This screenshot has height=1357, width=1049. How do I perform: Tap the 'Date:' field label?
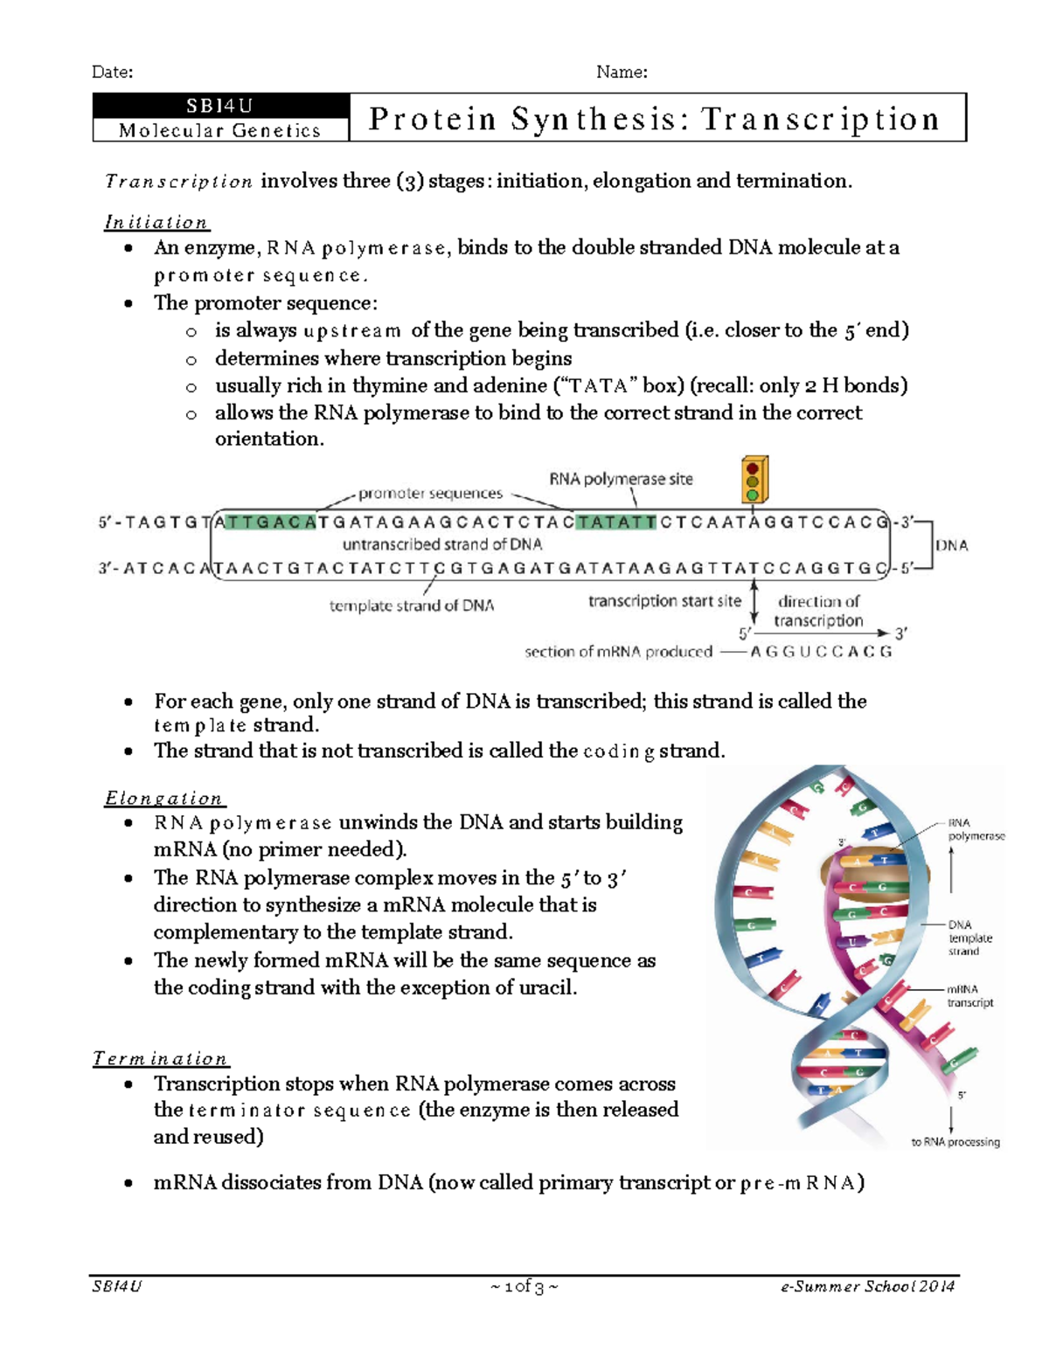point(113,73)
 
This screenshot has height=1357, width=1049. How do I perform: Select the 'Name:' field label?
point(622,73)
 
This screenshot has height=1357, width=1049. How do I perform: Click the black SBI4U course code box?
point(220,106)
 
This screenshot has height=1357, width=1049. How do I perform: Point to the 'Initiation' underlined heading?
point(156,223)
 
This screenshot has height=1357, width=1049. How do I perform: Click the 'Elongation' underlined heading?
point(164,799)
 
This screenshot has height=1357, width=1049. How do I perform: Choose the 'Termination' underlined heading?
point(161,1059)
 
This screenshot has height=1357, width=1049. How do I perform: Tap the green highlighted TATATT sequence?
point(616,523)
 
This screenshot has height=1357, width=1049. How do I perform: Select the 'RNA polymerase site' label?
point(621,479)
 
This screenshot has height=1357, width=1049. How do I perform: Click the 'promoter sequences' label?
point(430,494)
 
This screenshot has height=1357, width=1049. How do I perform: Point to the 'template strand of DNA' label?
point(411,606)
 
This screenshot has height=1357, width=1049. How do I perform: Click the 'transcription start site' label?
point(664,601)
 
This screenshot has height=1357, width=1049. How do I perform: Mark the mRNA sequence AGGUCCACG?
point(821,652)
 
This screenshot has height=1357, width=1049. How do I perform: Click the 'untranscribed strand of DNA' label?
point(442,544)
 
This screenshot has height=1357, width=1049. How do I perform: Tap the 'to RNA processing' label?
point(955,1142)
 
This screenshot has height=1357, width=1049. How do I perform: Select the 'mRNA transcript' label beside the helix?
point(969,996)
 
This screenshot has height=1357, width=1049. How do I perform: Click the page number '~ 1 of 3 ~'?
point(524,1286)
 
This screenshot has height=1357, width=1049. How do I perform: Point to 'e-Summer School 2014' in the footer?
point(868,1286)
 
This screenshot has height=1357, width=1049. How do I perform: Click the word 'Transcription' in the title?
point(820,119)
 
